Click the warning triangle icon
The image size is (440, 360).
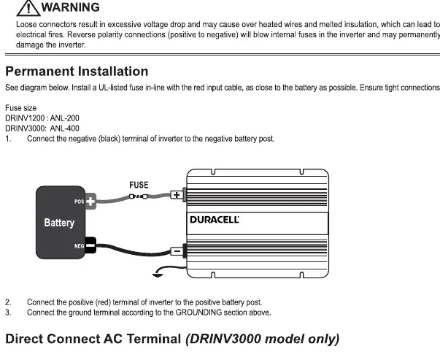[28, 9]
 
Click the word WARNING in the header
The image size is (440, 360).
[71, 7]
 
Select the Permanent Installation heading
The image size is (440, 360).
[77, 72]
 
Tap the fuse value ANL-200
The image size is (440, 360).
[64, 118]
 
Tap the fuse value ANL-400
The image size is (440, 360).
[64, 129]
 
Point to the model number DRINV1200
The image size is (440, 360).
[25, 118]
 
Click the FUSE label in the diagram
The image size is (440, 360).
[139, 185]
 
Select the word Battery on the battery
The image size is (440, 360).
[59, 223]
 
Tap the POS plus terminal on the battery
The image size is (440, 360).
[90, 202]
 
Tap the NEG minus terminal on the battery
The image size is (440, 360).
[90, 245]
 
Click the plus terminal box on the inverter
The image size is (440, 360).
[177, 195]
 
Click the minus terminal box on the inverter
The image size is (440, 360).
[177, 250]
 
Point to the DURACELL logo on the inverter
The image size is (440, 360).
[215, 220]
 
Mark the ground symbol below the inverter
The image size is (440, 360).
[158, 275]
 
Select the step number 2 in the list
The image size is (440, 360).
[8, 302]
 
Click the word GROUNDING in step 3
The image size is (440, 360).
[198, 313]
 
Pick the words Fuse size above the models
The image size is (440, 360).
[20, 108]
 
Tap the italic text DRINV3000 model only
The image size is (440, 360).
[263, 340]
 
